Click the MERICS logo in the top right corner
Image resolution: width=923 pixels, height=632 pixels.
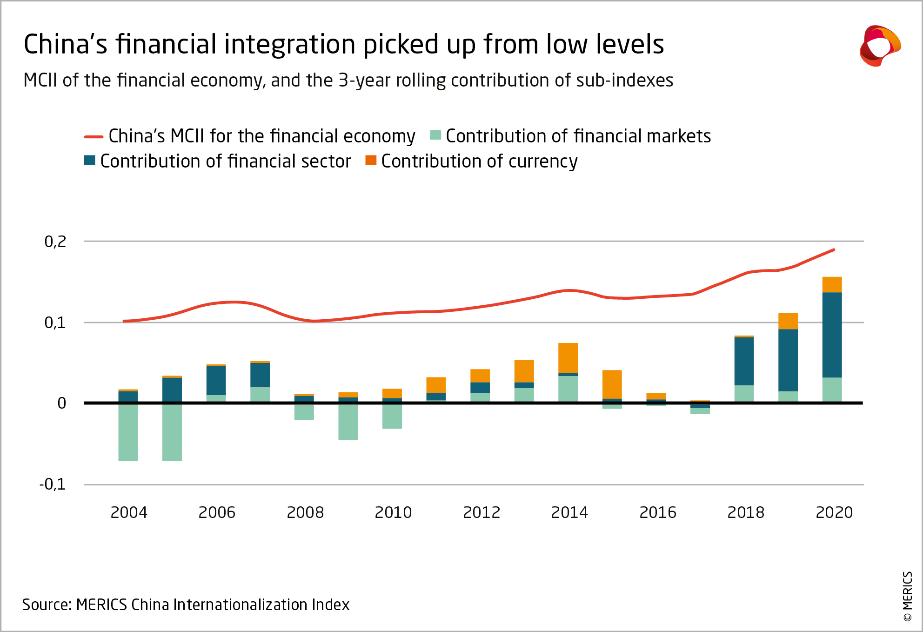(x=880, y=46)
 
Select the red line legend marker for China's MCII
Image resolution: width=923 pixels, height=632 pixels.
(x=94, y=137)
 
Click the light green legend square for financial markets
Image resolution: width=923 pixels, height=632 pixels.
(x=435, y=135)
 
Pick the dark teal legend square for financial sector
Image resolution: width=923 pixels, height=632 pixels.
(x=90, y=160)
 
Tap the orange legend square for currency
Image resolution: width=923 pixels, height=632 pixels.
(x=371, y=160)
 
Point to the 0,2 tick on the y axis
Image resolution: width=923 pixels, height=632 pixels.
(x=55, y=242)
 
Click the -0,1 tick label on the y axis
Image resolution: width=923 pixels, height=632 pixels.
(x=53, y=484)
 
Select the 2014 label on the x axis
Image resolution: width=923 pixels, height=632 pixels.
(x=569, y=512)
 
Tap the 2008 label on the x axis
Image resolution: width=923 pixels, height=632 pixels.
(x=305, y=512)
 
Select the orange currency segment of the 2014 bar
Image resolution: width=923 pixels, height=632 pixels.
(x=568, y=357)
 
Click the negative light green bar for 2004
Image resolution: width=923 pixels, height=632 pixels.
(x=128, y=432)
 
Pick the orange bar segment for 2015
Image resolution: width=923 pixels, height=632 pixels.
(x=612, y=384)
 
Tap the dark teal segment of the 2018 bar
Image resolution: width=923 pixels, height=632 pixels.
(x=744, y=361)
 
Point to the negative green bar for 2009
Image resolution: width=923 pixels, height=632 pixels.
(x=348, y=422)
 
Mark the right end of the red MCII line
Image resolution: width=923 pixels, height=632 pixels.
(x=834, y=250)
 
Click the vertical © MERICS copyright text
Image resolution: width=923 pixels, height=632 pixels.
(x=908, y=596)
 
